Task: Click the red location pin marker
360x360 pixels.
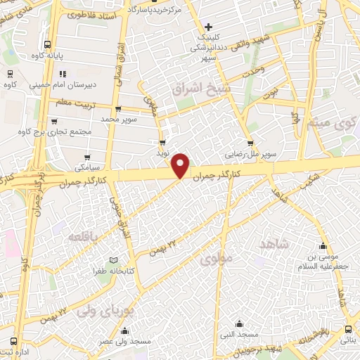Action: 182,165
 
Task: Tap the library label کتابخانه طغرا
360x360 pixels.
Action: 116,270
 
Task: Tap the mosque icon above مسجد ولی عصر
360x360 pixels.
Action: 125,331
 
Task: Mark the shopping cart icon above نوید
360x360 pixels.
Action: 162,141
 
